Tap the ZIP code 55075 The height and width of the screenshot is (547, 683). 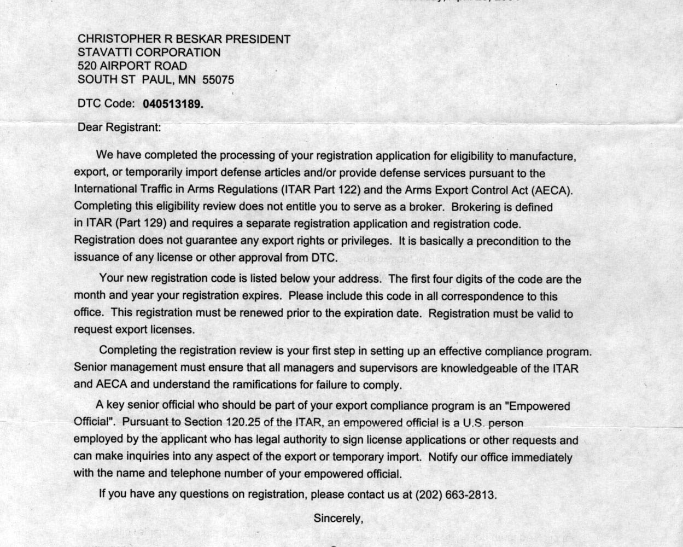[x=218, y=80]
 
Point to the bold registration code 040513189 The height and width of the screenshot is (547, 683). [x=173, y=104]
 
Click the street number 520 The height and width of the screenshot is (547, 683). [x=87, y=66]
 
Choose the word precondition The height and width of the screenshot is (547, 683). [x=510, y=241]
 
